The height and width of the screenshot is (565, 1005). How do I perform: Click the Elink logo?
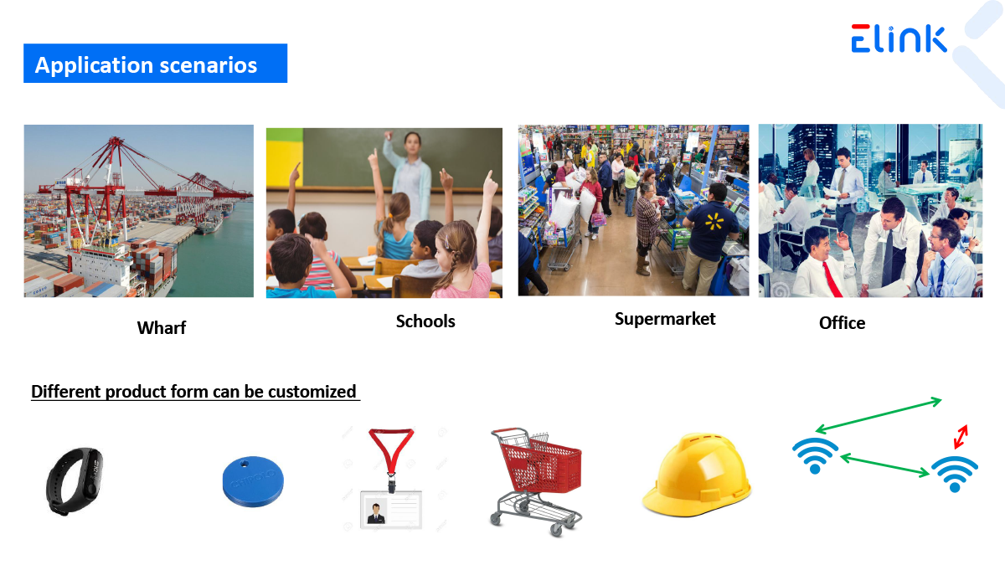click(x=899, y=39)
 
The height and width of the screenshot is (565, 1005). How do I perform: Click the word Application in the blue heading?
click(x=94, y=65)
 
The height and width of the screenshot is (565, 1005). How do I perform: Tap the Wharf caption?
click(x=162, y=328)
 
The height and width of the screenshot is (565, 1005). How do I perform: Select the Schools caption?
click(x=425, y=321)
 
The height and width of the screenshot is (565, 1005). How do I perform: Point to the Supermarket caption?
click(x=665, y=319)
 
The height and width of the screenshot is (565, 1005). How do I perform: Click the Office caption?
click(x=843, y=323)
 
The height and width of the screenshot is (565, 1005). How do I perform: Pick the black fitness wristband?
click(x=74, y=480)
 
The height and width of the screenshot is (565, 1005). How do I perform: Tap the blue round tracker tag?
click(x=253, y=481)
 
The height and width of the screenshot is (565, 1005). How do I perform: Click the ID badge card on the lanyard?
click(x=391, y=510)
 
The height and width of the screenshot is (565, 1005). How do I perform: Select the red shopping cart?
click(x=536, y=481)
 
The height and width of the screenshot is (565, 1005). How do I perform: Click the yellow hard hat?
click(x=697, y=475)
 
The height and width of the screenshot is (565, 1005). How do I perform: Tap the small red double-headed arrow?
click(x=961, y=437)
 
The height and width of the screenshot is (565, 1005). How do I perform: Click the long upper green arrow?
click(x=879, y=415)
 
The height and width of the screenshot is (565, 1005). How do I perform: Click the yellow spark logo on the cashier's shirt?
click(x=714, y=222)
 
